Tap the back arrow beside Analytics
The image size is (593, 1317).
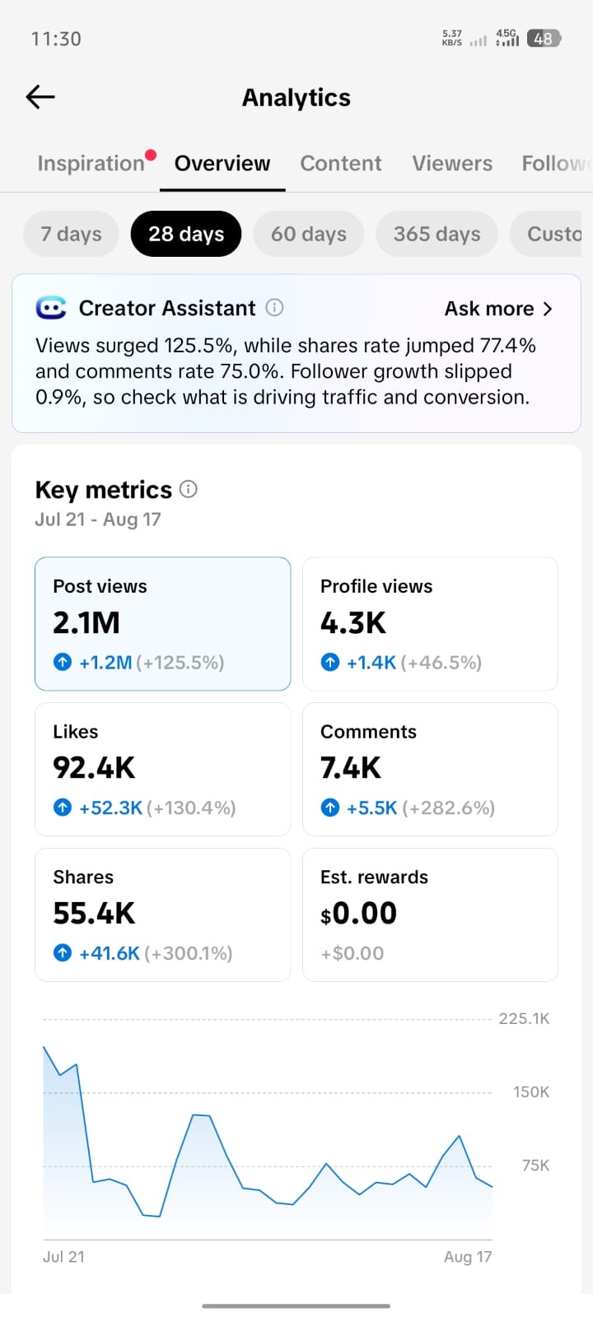click(40, 97)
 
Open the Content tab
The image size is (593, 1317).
click(341, 163)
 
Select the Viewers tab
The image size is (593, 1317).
click(452, 163)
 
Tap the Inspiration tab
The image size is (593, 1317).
click(91, 163)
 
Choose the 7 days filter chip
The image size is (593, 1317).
click(71, 234)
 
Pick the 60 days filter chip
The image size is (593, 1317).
click(308, 234)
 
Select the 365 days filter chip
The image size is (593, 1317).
click(437, 234)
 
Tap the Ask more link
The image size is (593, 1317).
click(498, 309)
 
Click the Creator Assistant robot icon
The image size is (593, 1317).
click(50, 308)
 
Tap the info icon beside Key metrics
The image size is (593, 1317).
click(189, 489)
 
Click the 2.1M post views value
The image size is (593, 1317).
click(86, 622)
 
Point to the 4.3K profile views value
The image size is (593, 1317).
click(353, 622)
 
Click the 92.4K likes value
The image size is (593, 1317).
click(94, 768)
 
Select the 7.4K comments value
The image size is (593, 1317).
click(351, 768)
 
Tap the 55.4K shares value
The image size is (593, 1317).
click(94, 913)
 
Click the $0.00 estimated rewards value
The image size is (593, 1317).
click(359, 914)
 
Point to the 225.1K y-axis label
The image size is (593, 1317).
click(524, 1018)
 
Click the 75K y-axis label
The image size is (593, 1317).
click(536, 1166)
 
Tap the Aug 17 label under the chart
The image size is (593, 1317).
click(468, 1256)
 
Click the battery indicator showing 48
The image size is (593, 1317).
click(544, 39)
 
